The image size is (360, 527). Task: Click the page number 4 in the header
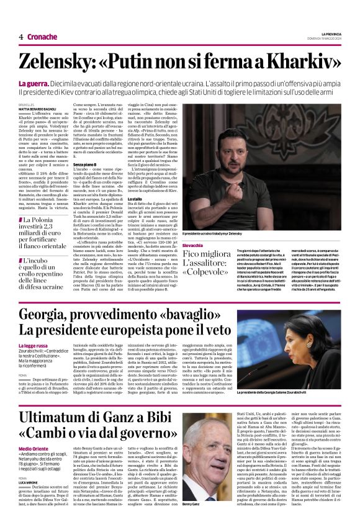[x=21, y=37]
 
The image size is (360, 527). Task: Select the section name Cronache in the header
[x=42, y=37]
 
